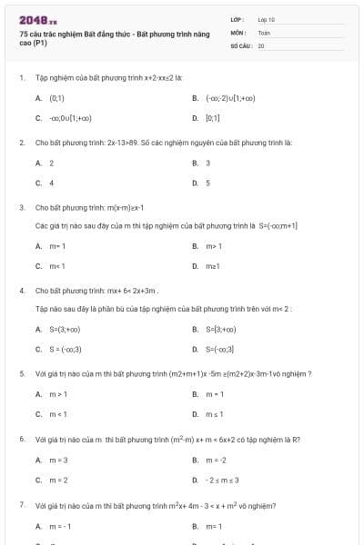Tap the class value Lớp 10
point(267,19)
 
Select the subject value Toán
point(264,32)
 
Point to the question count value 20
point(261,45)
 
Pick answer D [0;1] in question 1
point(212,117)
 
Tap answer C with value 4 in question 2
point(52,183)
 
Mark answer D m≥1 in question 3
point(214,266)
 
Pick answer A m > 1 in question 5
point(58,393)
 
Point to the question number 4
point(22,291)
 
